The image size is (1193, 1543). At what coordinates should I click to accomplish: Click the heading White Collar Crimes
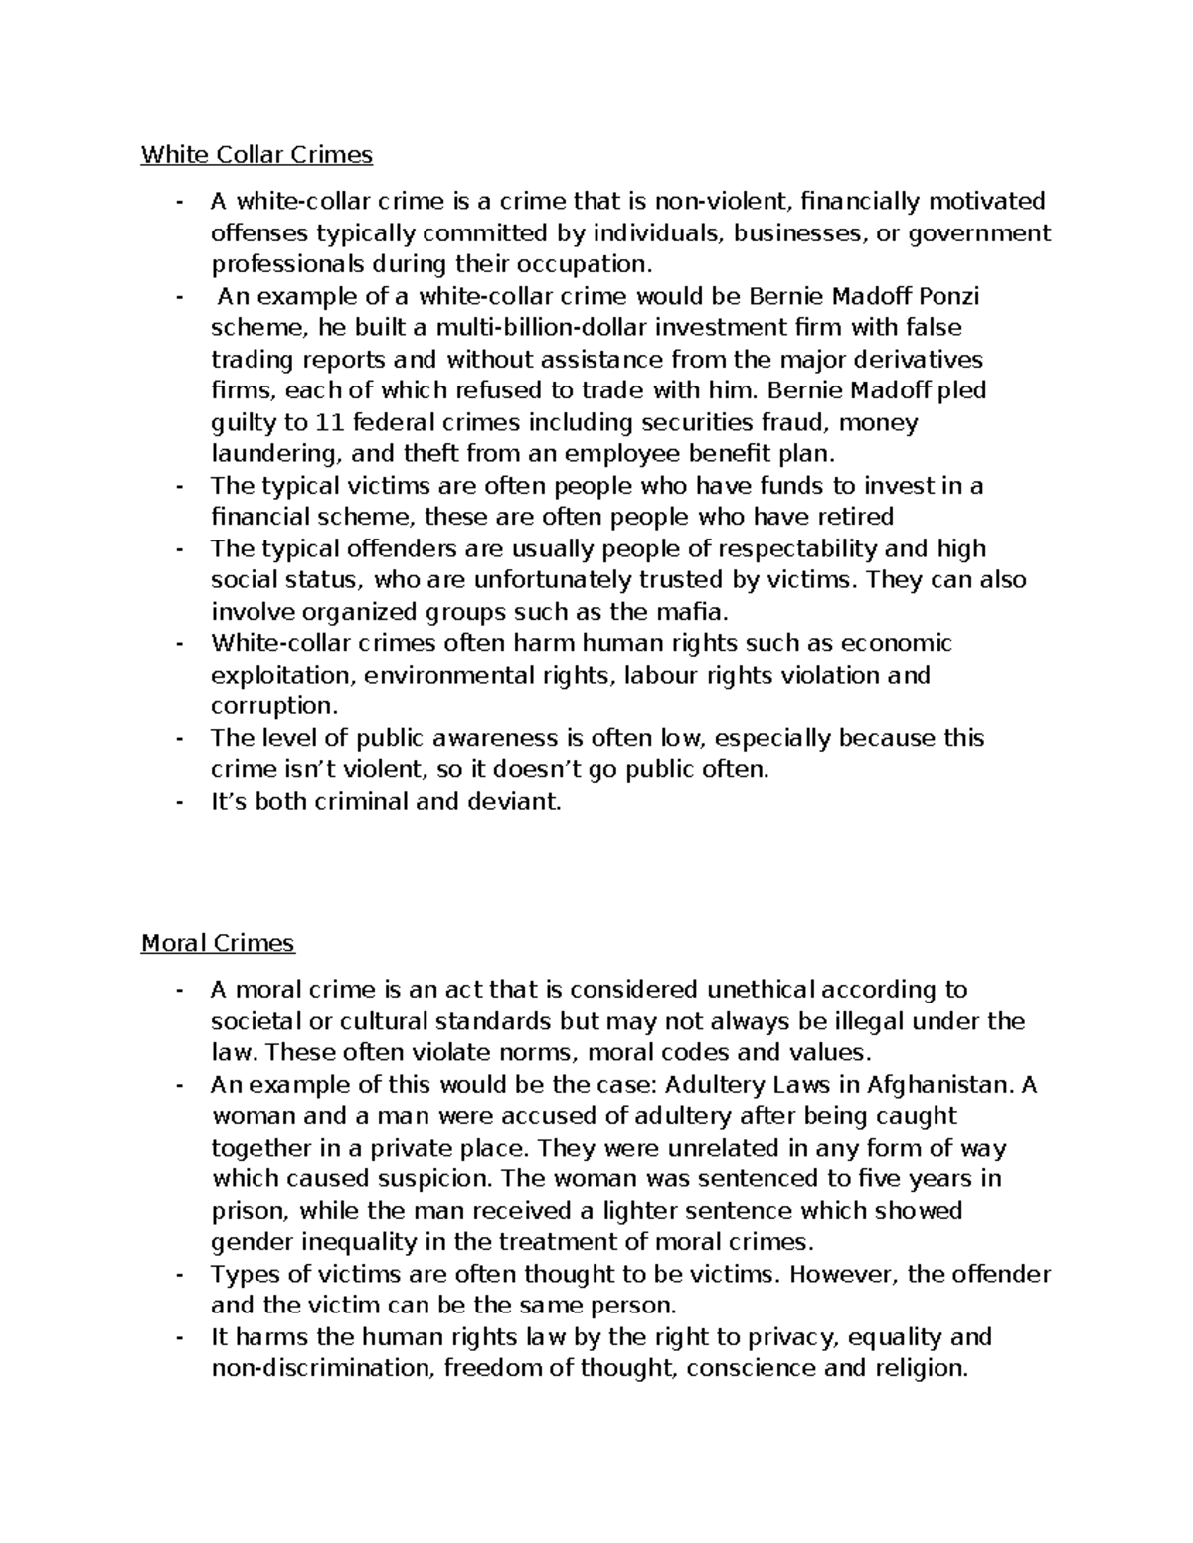[256, 154]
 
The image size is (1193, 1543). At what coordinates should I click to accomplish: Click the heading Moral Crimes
[218, 942]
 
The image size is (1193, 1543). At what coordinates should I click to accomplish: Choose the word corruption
[273, 706]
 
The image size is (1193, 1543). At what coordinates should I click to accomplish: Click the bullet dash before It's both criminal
[179, 802]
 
